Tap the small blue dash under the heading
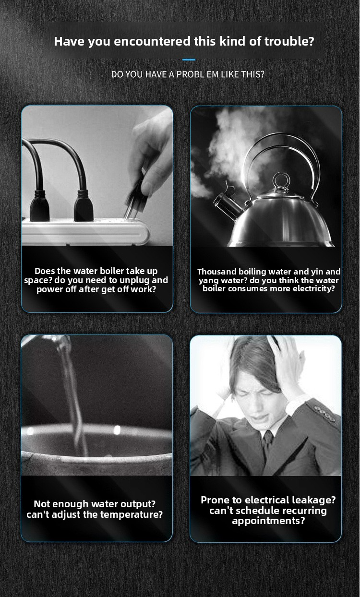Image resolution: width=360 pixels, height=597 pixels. pyautogui.click(x=189, y=60)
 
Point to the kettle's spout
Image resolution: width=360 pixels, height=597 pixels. pyautogui.click(x=227, y=205)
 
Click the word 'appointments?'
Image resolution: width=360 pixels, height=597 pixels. pyautogui.click(x=268, y=521)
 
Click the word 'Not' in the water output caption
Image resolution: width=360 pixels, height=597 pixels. pyautogui.click(x=40, y=504)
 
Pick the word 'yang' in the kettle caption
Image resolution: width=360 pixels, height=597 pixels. pyautogui.click(x=208, y=281)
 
